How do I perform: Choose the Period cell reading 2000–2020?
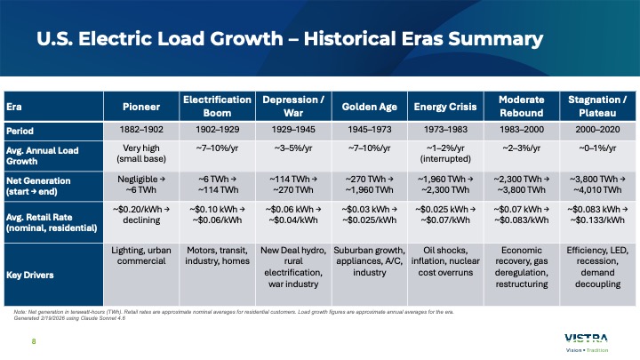594,130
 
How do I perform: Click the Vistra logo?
586,339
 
